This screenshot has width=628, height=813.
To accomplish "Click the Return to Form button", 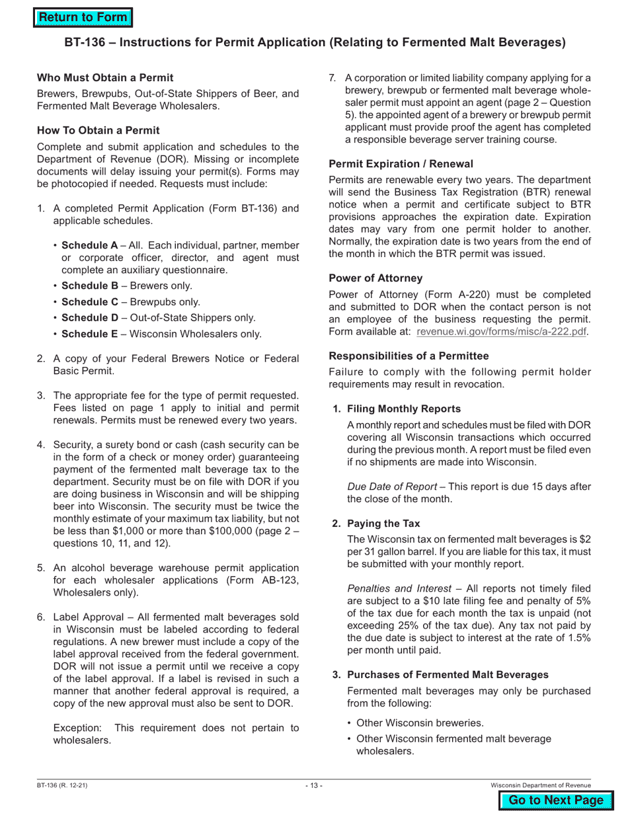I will point(83,18).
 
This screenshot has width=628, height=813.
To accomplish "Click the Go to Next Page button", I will point(557,800).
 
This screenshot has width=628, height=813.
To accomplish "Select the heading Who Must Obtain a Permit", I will point(105,78).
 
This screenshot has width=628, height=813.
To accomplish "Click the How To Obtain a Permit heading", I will point(98,131).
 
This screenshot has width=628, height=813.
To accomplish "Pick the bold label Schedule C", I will point(89,302).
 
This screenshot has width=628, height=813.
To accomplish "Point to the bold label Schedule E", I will point(89,334).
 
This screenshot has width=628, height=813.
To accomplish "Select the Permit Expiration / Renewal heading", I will point(401,164).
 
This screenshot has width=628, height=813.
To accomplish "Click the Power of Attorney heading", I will point(375,278).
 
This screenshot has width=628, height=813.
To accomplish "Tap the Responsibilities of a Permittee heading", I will point(409,356).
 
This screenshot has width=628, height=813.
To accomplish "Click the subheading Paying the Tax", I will point(383,523).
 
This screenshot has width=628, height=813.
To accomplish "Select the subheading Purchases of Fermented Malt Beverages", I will point(448,675).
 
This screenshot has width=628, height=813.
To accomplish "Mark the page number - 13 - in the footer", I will point(314,785).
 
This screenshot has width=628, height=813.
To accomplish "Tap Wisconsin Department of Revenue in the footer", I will point(541,785).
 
